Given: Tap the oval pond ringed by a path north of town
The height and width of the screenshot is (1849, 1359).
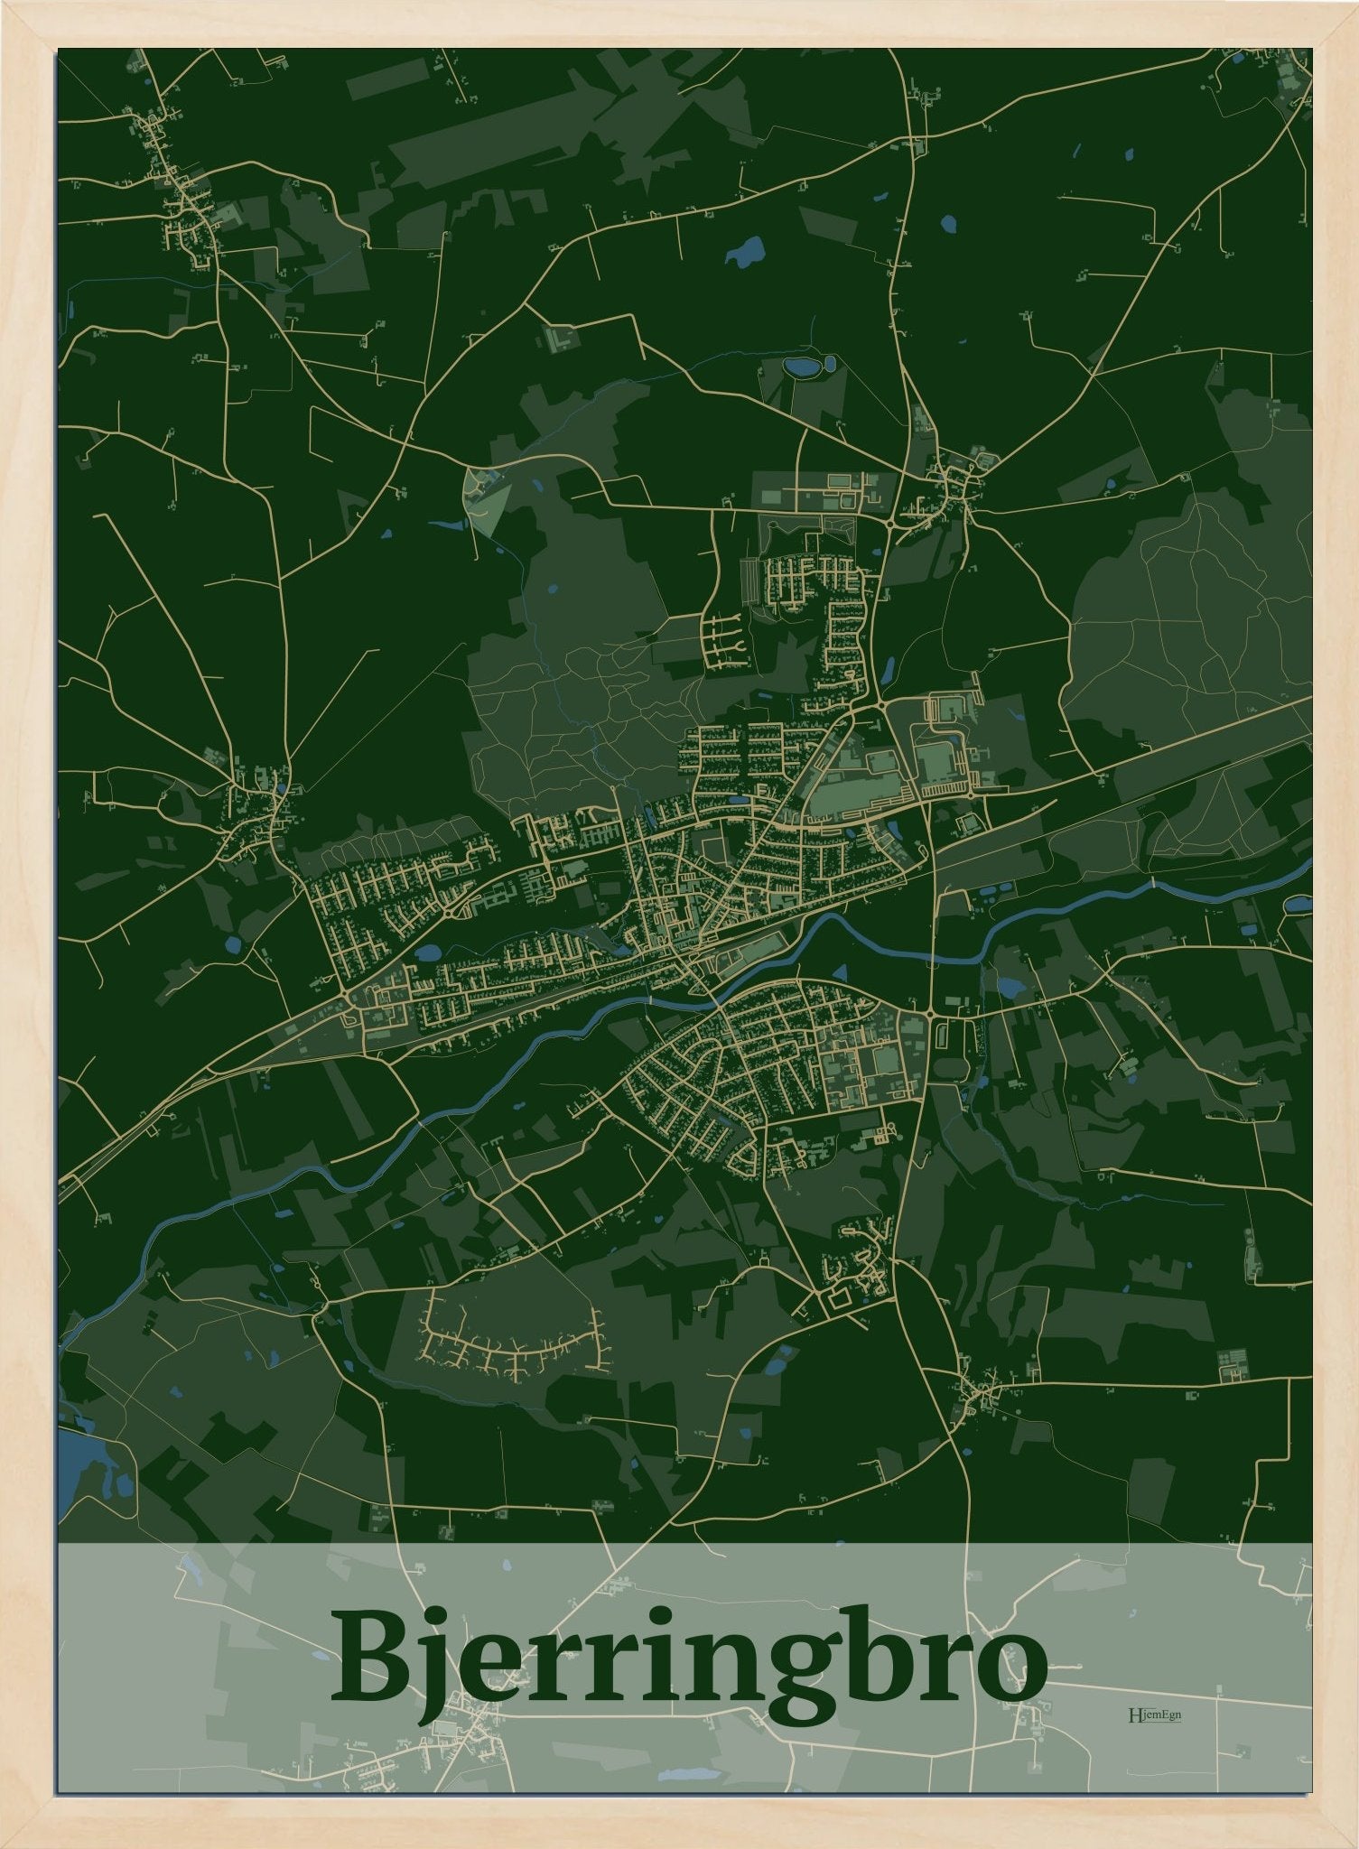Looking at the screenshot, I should click(798, 367).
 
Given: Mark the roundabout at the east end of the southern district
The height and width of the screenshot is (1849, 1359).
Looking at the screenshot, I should click(931, 1017).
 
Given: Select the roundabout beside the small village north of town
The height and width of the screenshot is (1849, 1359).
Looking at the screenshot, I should click(891, 523).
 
